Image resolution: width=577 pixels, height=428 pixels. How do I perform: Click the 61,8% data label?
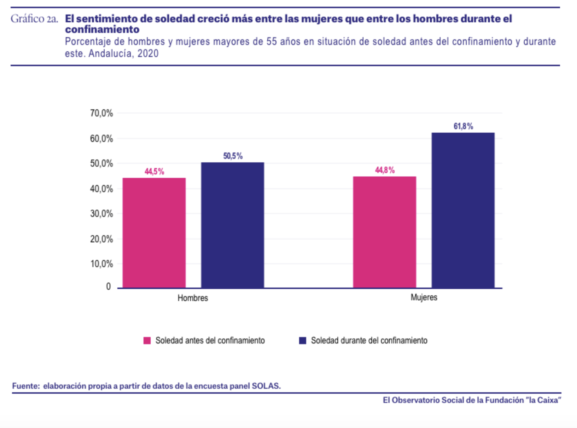click(x=463, y=126)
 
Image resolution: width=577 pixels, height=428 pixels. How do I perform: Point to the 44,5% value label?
click(x=154, y=172)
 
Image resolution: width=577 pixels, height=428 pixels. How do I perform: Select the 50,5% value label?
click(x=233, y=156)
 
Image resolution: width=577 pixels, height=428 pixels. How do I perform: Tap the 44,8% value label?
click(x=385, y=170)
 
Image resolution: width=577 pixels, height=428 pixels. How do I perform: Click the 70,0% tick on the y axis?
click(x=101, y=113)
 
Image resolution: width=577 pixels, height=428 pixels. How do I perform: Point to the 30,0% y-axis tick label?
click(x=101, y=214)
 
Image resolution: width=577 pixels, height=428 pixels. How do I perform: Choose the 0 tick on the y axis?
click(x=109, y=287)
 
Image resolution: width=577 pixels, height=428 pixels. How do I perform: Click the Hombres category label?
click(x=193, y=298)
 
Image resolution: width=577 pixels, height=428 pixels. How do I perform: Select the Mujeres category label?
click(x=424, y=297)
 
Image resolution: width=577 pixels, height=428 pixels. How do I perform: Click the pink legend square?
click(x=147, y=341)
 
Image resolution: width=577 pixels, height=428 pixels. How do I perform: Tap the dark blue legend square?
click(x=303, y=341)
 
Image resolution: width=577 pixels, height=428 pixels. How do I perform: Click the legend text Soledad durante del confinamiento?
click(x=369, y=341)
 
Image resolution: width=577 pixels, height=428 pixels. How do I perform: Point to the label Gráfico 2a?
click(x=34, y=19)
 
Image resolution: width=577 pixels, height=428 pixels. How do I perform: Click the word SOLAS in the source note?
click(x=266, y=386)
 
